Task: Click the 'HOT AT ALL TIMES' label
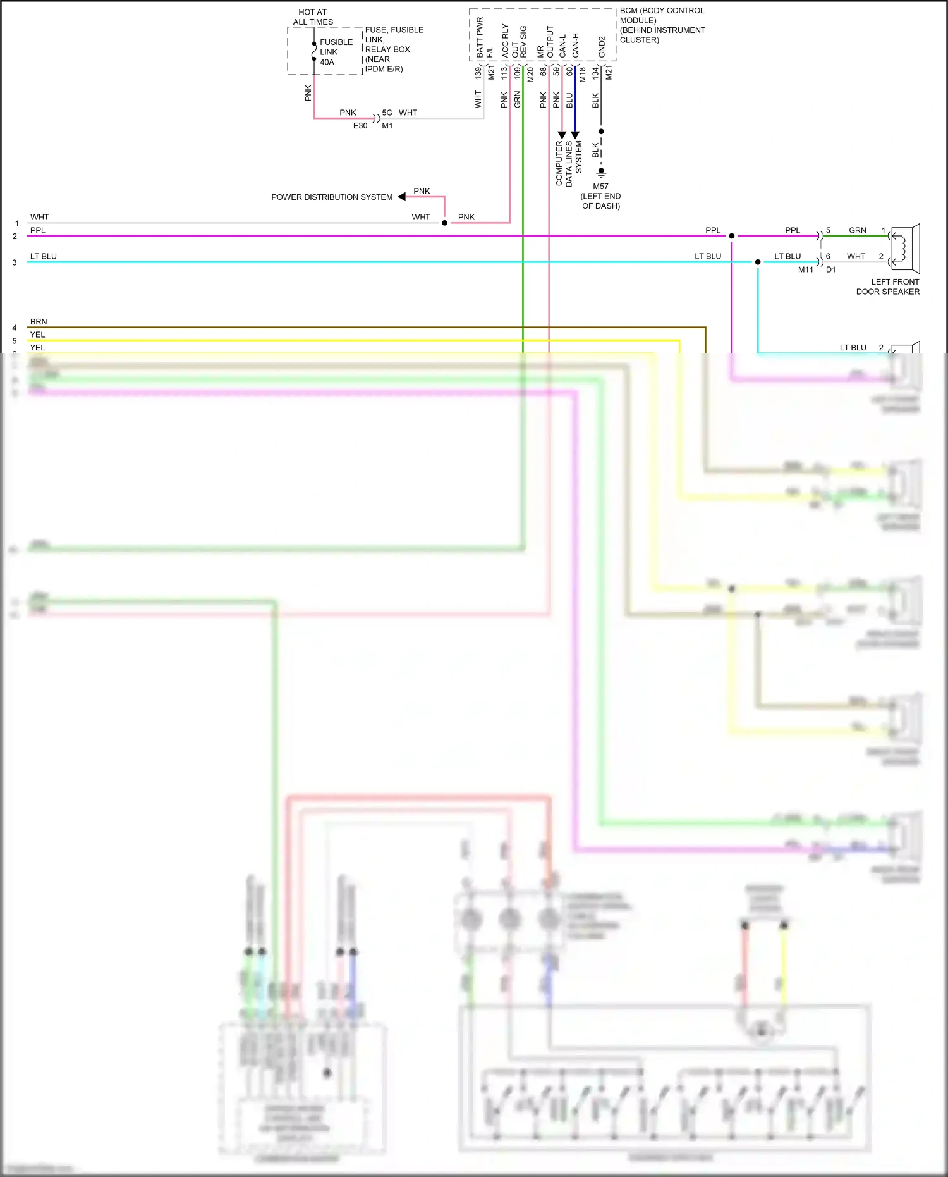[x=313, y=17]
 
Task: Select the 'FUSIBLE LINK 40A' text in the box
[x=335, y=52]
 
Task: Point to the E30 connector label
[x=360, y=126]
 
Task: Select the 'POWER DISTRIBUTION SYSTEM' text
[x=332, y=197]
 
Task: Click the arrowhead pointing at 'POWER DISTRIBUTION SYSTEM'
[x=402, y=197]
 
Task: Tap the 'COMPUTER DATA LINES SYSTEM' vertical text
[x=569, y=163]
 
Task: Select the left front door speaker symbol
[x=906, y=249]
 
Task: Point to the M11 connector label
[x=805, y=270]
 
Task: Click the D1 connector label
[x=830, y=270]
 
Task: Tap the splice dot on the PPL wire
[x=732, y=236]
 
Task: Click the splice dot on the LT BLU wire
[x=758, y=262]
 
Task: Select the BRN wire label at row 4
[x=39, y=322]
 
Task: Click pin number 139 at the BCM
[x=478, y=73]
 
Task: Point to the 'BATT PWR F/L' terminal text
[x=484, y=39]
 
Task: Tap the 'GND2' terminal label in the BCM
[x=602, y=47]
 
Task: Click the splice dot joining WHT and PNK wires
[x=445, y=223]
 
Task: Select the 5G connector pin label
[x=387, y=113]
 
